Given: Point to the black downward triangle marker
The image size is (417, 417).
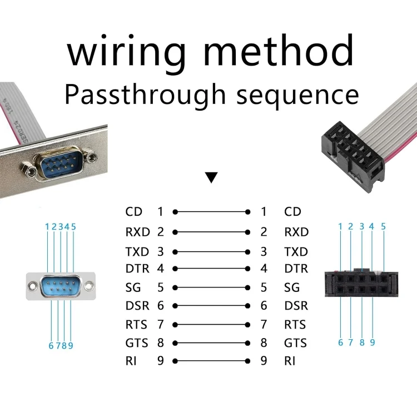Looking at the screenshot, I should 211,178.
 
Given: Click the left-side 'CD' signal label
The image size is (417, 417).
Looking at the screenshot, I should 134,212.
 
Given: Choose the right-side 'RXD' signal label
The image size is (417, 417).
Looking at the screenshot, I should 296,232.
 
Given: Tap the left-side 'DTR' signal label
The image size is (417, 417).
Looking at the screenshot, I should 138,269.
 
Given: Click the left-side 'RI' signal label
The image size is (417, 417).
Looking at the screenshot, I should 131,361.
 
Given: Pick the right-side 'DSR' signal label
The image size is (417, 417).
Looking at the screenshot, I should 296,306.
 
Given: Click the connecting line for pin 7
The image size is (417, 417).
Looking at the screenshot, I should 211,324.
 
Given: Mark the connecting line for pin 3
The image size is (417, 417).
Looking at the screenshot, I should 211,251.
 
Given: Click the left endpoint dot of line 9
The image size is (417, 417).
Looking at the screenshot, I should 175,361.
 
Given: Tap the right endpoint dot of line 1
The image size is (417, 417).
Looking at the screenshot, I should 248,212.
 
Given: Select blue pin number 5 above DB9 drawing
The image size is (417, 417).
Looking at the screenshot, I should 73,226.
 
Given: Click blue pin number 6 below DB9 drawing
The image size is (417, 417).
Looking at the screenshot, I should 51,345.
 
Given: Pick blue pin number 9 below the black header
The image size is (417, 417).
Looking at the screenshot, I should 372,342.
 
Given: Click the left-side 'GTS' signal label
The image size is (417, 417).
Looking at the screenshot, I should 138,342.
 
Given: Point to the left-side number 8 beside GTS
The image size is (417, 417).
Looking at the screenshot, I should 161,342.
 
